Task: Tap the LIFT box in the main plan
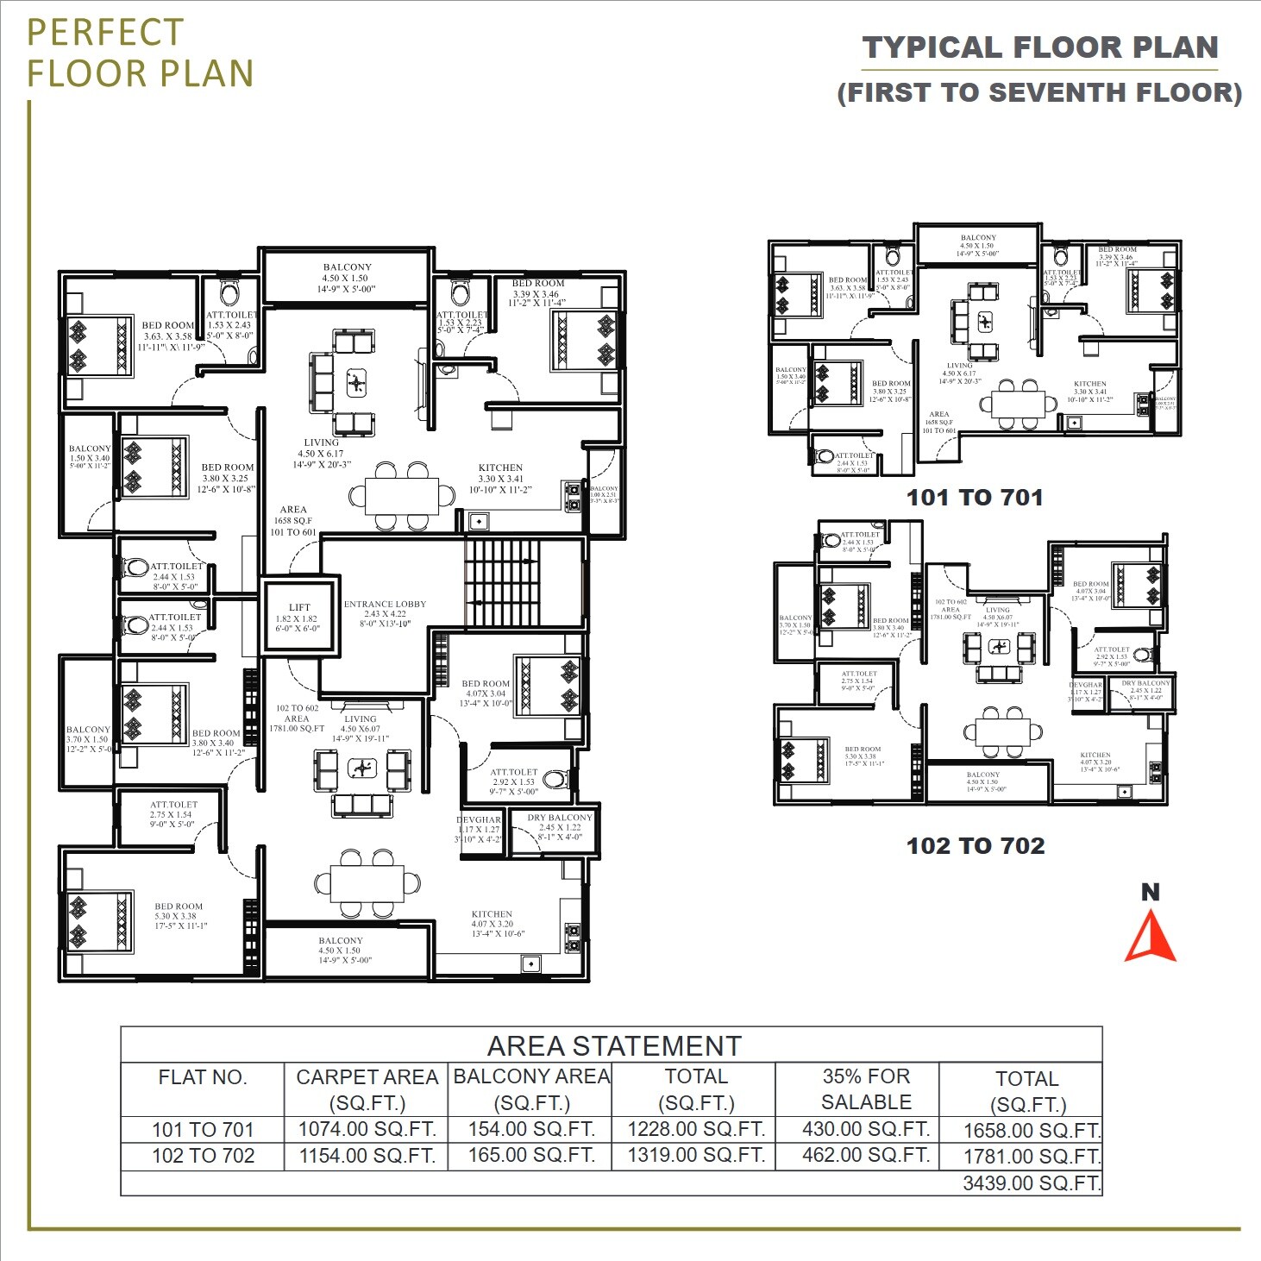(x=298, y=618)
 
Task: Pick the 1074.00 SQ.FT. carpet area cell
(x=367, y=1129)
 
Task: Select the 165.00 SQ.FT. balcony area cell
(x=531, y=1155)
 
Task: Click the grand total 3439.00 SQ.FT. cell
(x=1031, y=1183)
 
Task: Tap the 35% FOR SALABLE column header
(x=866, y=1088)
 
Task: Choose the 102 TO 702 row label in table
(x=203, y=1156)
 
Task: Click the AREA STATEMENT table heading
(x=613, y=1045)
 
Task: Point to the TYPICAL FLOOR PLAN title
(x=1040, y=47)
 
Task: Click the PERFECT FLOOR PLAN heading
(x=140, y=53)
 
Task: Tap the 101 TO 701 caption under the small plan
(x=975, y=498)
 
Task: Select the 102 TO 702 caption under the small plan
(x=975, y=846)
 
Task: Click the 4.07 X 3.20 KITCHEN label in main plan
(x=492, y=923)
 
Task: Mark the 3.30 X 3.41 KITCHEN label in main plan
(x=500, y=478)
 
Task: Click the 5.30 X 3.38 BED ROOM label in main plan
(x=179, y=916)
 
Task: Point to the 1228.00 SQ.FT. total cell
(x=695, y=1129)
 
